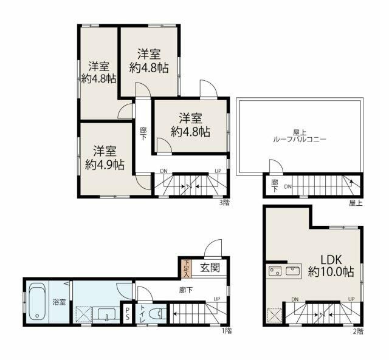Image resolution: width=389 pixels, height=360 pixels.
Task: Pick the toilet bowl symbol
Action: pos(157,314)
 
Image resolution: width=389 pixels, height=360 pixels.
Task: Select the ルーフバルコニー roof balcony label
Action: pos(300,139)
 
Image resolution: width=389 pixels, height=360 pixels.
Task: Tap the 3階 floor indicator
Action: pos(225,202)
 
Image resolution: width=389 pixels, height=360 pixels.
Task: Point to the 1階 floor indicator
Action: pos(225,331)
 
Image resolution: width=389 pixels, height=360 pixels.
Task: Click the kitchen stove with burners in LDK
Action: pos(274,271)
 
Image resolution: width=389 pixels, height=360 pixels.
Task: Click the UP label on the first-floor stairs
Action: pos(217,298)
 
